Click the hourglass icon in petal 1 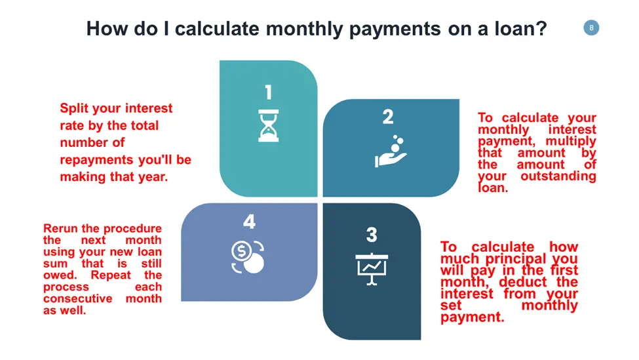point(269,125)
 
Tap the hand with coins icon point(391,151)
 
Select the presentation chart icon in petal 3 point(372,269)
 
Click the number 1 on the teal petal point(268,92)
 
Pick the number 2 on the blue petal point(388,117)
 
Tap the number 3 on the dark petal point(372,235)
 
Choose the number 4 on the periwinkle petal point(249,222)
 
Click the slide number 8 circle point(591,28)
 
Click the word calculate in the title point(217,29)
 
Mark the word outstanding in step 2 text point(558,176)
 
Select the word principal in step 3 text point(516,259)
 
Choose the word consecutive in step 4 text point(77,298)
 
